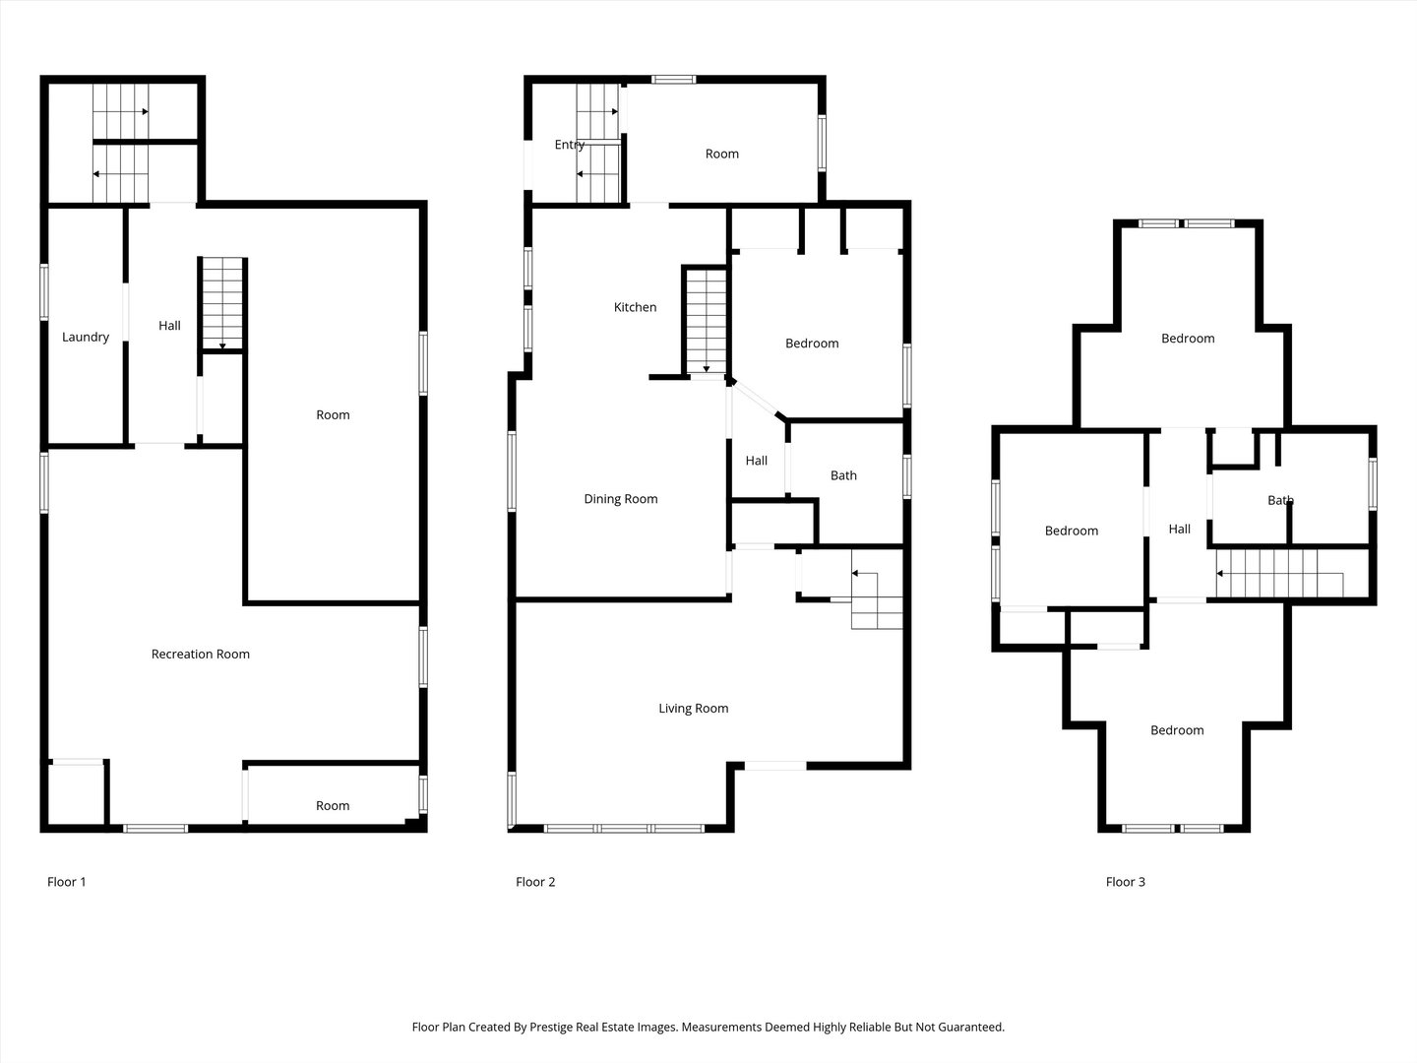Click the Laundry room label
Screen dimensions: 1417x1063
(86, 337)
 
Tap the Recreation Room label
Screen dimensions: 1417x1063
(200, 654)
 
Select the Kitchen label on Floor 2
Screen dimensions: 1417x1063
(635, 307)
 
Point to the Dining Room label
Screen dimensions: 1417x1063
(620, 499)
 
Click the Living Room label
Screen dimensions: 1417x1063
(694, 708)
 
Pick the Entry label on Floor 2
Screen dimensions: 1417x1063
(570, 145)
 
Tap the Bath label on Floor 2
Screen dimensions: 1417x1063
(843, 475)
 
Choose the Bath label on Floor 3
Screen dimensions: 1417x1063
(1280, 500)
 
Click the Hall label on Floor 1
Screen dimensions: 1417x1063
(169, 326)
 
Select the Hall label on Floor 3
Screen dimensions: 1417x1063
(1179, 530)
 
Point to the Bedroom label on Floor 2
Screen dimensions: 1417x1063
(812, 344)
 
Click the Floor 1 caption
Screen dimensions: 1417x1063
(66, 882)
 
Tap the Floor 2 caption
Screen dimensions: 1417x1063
(535, 882)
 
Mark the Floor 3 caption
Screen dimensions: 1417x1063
(1125, 882)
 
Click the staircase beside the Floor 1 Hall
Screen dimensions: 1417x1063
(222, 303)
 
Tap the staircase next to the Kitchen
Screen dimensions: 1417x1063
(707, 321)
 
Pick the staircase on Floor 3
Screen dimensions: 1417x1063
(1292, 573)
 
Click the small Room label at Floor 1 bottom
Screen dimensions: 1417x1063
(333, 805)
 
